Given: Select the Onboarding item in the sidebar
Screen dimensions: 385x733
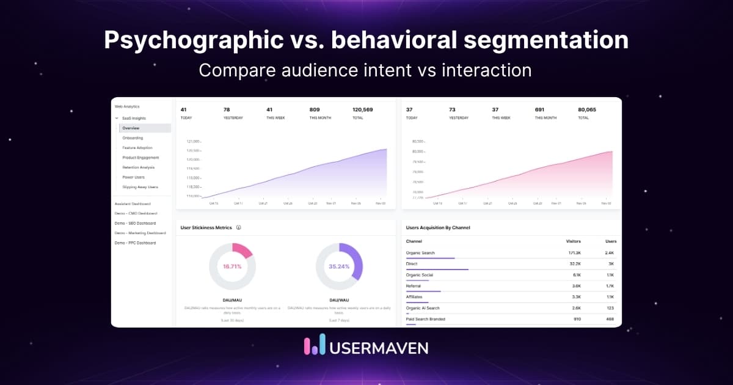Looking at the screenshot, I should (x=133, y=138).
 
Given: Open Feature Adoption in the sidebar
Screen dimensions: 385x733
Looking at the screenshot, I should (x=137, y=148).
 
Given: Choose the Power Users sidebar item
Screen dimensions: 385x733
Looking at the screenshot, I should (x=133, y=177).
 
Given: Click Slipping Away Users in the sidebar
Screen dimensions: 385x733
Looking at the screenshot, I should (x=140, y=187).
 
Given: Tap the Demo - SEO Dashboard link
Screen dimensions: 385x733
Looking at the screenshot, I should (x=135, y=223).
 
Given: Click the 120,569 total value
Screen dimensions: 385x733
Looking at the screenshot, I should (x=363, y=110).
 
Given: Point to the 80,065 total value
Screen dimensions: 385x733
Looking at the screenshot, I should (x=587, y=110).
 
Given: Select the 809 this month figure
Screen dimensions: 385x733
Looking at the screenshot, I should (x=315, y=110).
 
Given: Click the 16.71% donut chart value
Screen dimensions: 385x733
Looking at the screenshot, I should (x=232, y=267).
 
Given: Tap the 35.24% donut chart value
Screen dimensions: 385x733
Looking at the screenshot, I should (x=339, y=267).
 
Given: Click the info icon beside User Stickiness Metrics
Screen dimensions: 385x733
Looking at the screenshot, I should (x=238, y=228).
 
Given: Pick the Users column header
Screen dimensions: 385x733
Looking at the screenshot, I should (x=610, y=241).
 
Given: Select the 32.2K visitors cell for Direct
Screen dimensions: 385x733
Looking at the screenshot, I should (x=574, y=264).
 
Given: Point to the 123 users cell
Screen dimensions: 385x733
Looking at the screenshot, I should (x=610, y=308).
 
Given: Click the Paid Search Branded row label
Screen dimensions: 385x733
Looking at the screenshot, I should (x=426, y=319).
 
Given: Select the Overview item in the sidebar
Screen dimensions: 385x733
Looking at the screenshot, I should (x=131, y=128).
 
